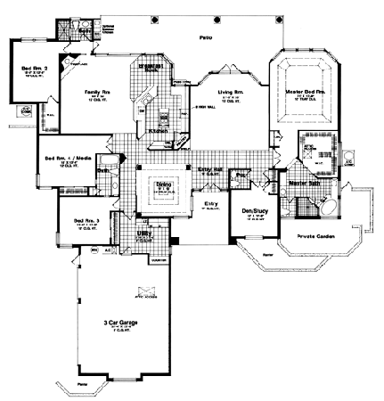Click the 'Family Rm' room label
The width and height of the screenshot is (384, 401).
(x=98, y=90)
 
